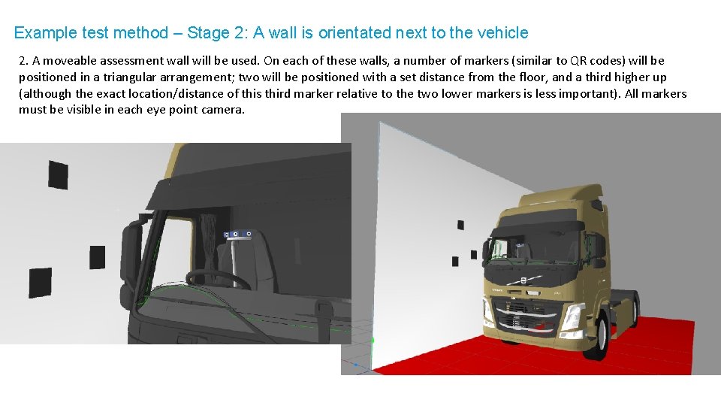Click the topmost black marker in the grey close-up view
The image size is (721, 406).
click(x=58, y=174)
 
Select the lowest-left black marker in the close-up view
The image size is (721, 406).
click(x=40, y=282)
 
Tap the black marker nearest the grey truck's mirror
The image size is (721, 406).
click(x=98, y=256)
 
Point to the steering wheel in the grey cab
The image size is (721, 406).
click(x=218, y=280)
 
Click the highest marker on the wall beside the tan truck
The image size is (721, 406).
click(x=461, y=225)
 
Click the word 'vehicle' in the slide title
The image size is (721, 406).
click(x=502, y=33)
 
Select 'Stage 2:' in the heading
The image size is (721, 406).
click(x=218, y=33)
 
